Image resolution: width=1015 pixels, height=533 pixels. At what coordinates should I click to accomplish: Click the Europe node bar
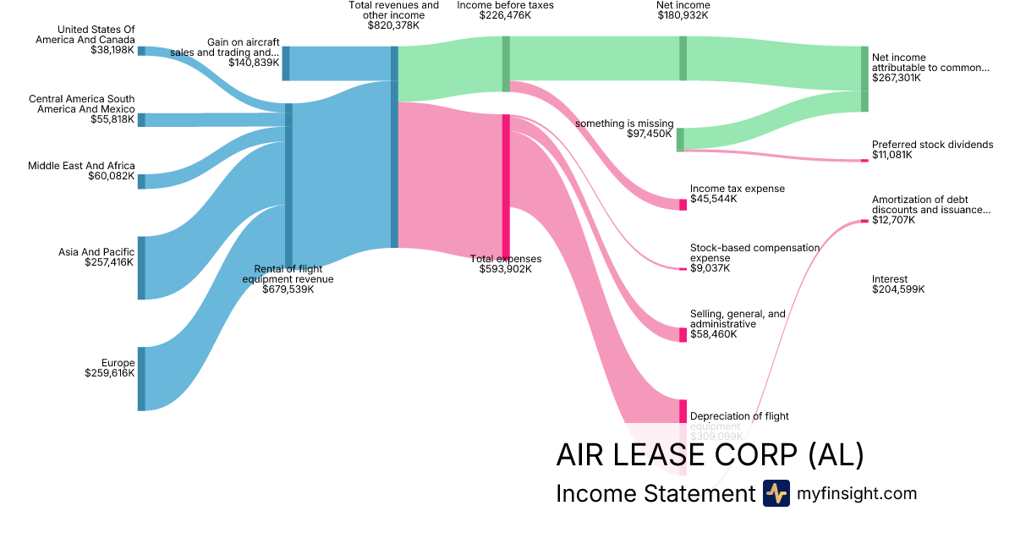[x=141, y=378]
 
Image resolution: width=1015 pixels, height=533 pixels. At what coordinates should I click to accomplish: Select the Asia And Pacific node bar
[x=141, y=267]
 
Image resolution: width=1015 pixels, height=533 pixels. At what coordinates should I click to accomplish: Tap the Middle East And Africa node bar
[x=141, y=181]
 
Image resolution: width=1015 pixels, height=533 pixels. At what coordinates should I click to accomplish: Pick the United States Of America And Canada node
[x=141, y=51]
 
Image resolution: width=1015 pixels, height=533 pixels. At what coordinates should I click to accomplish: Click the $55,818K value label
[x=112, y=120]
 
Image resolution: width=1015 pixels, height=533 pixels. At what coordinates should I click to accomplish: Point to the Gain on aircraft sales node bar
[x=286, y=63]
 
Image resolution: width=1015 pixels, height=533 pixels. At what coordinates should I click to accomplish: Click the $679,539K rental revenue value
[x=288, y=289]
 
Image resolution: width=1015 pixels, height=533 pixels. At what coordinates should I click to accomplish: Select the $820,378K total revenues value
[x=393, y=26]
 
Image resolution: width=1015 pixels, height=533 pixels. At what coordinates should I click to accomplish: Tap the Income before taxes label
[x=506, y=5]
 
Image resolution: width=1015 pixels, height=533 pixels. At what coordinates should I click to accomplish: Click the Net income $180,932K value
[x=683, y=16]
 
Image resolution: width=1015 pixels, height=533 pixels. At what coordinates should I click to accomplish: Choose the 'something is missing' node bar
[x=680, y=140]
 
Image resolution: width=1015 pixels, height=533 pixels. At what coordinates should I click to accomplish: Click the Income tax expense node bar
[x=683, y=205]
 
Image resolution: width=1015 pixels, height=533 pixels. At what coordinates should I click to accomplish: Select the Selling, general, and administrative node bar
[x=683, y=334]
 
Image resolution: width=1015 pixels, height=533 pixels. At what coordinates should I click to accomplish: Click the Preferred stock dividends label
[x=932, y=145]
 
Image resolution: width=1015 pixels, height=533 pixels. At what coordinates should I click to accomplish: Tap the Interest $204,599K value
[x=898, y=289]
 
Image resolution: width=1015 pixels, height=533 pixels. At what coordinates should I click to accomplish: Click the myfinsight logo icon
[x=776, y=493]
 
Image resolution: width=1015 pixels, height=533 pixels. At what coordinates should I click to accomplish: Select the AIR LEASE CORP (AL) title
[x=710, y=455]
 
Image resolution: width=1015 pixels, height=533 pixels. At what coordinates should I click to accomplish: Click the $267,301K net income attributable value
[x=896, y=78]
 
